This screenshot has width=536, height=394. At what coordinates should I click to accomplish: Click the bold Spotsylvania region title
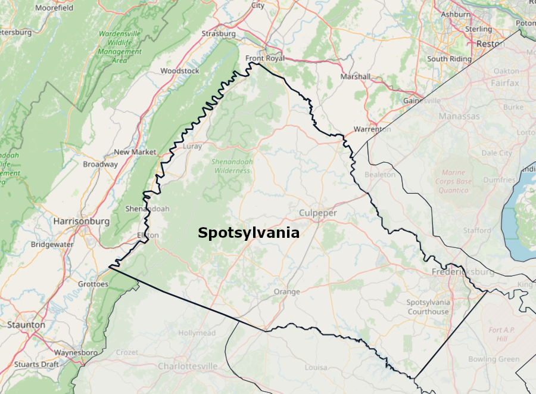248,232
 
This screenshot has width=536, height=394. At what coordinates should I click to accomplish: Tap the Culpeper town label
317,213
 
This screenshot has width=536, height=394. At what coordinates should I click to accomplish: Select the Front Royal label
265,58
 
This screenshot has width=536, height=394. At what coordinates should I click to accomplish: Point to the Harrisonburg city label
82,221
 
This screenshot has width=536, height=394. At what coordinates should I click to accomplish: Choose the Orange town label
287,291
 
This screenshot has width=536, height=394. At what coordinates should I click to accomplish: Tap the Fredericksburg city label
463,272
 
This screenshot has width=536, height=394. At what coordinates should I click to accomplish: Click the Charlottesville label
188,366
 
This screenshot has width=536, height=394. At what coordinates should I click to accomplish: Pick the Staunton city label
26,325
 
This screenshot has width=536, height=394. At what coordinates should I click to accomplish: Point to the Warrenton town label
372,129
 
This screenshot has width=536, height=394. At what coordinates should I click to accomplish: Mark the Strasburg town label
219,34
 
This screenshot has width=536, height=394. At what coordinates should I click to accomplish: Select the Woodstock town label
180,71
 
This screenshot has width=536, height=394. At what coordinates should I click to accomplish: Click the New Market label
135,152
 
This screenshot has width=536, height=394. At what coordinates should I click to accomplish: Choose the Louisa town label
316,367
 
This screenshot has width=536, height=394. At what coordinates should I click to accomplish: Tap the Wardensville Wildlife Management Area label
120,47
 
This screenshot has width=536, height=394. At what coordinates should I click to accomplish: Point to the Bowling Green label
494,359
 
